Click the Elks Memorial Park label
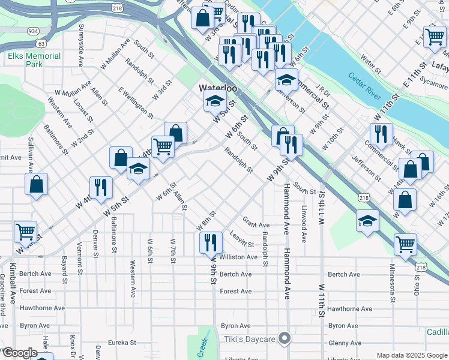[x=34, y=60]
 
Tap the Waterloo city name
[x=218, y=88]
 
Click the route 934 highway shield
[x=34, y=31]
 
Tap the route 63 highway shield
[x=41, y=43]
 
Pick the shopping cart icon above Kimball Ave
[x=25, y=231]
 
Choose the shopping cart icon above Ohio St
[x=405, y=244]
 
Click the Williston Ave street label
[x=238, y=257]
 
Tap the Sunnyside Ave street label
[x=80, y=43]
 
